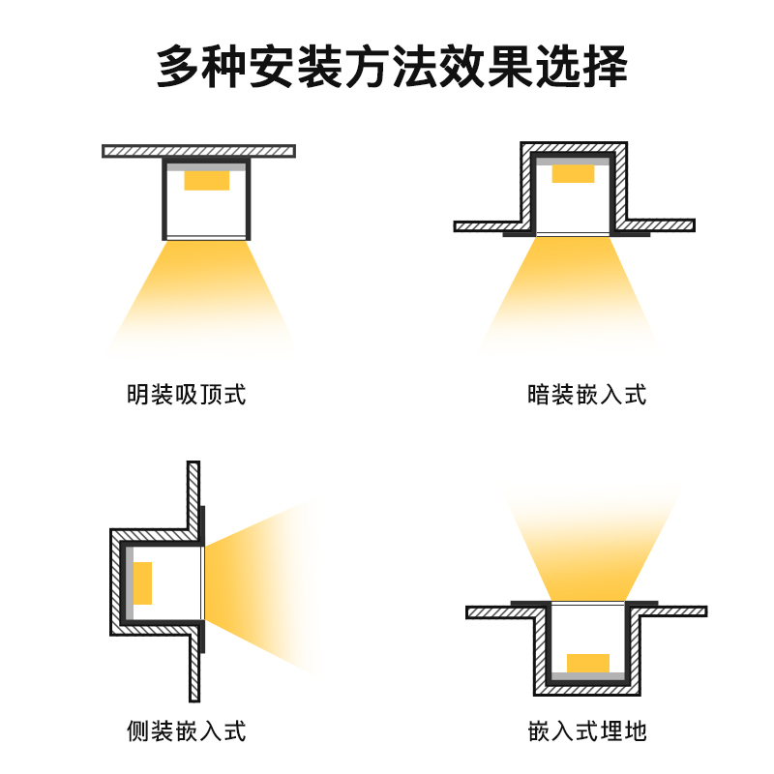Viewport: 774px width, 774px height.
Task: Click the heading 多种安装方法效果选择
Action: point(387,67)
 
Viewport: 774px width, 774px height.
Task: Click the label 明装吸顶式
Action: point(186,395)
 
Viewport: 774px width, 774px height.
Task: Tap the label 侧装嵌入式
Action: point(186,729)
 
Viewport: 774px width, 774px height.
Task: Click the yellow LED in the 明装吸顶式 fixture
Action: point(206,180)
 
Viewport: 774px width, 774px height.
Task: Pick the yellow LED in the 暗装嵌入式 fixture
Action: point(573,173)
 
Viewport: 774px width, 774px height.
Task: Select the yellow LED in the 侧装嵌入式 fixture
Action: point(142,582)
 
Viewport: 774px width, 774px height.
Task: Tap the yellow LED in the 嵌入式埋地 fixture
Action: point(587,663)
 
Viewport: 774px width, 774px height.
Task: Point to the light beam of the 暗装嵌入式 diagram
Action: point(573,295)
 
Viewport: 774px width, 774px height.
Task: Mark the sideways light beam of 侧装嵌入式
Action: point(261,585)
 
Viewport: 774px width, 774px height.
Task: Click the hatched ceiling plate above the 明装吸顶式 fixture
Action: point(198,151)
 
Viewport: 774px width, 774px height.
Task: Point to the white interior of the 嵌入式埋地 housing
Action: point(587,629)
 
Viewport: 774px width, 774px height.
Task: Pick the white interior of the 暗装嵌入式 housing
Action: point(573,208)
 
